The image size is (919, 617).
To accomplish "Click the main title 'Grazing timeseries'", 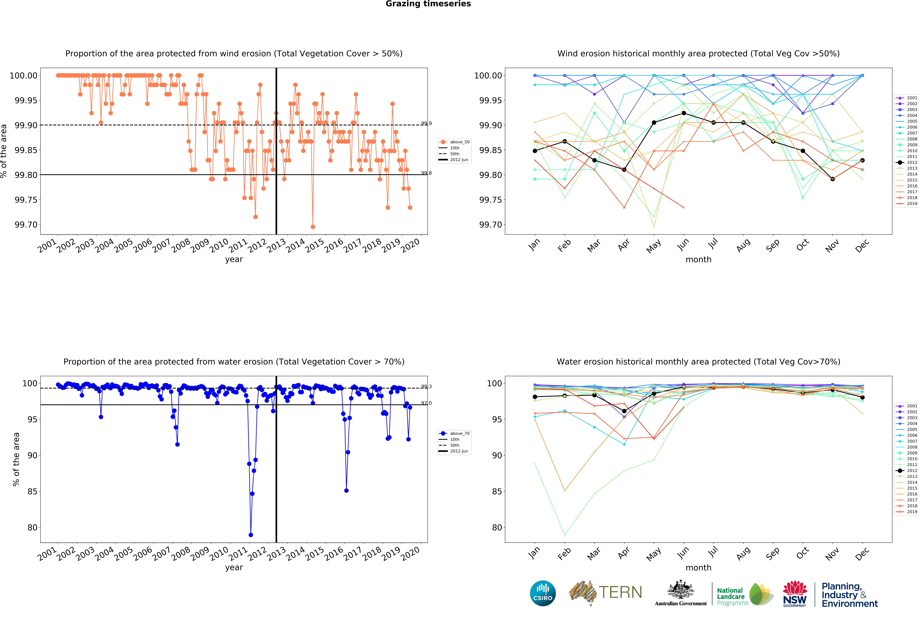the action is point(428,4).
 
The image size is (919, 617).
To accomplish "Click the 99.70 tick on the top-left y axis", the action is point(26,225).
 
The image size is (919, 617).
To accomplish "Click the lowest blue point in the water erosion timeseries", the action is point(251,535).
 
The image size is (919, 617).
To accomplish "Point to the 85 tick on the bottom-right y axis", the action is point(497,492).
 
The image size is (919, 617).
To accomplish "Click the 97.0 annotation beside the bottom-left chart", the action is point(426,403).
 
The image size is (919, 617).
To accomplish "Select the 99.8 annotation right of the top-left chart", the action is point(426,173).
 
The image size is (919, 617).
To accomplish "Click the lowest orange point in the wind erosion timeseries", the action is point(313,227).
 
